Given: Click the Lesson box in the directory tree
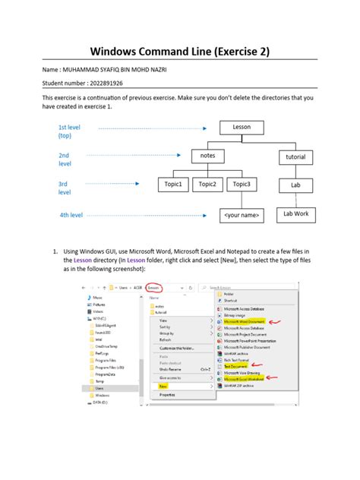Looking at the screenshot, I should point(242,128).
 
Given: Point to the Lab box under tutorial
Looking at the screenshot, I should point(295,185).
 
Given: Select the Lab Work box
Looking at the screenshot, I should point(295,215).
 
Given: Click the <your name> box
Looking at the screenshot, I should point(242,216).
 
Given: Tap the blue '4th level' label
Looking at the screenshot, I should point(71,216).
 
